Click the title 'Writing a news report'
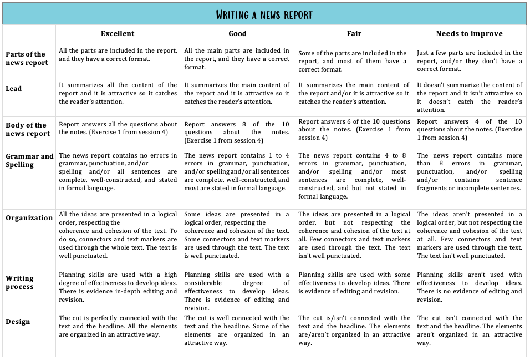(264, 14)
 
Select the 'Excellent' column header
(118, 34)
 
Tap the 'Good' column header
(237, 34)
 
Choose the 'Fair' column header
(354, 34)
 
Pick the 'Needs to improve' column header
(469, 34)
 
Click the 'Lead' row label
(14, 89)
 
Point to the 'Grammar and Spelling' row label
(29, 160)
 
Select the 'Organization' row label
(29, 218)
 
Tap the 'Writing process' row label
(20, 282)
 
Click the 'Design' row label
(18, 322)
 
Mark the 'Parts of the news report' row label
(27, 58)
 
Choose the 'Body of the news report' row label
(28, 129)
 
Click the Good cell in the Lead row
(237, 93)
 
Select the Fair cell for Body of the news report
(354, 129)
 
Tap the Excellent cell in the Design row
(118, 326)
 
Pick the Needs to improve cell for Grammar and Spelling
(469, 172)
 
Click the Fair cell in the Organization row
(354, 235)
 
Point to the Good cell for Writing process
(237, 291)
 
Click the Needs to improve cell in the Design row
(469, 331)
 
